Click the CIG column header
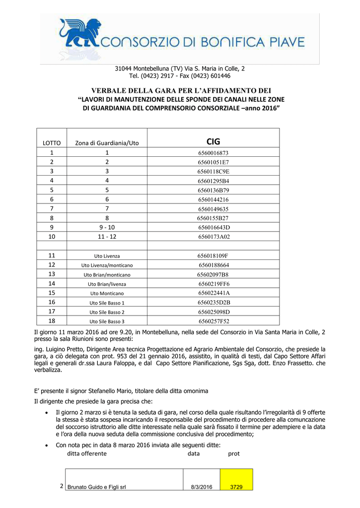pos(213,141)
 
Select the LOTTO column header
pos(52,143)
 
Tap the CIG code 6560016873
pos(213,153)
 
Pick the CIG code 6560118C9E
pos(213,172)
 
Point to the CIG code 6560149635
pos(213,209)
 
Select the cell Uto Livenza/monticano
pos(107,265)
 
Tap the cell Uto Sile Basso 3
pos(107,321)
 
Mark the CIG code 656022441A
pos(214,293)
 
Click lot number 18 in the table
pos(52,320)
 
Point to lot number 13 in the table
pos(52,274)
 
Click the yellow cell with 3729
pos(236,487)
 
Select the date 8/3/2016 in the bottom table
pos(201,487)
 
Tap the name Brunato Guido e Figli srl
pos(96,487)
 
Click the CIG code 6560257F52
pos(214,321)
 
